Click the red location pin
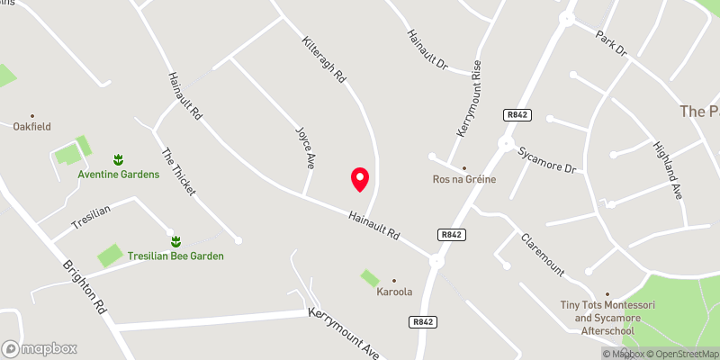click(359, 178)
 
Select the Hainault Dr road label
click(427, 49)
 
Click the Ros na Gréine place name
click(464, 179)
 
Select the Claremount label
click(543, 255)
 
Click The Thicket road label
click(178, 171)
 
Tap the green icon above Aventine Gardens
click(117, 159)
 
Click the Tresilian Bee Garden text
click(175, 256)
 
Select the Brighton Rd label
click(85, 287)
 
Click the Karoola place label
click(393, 292)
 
